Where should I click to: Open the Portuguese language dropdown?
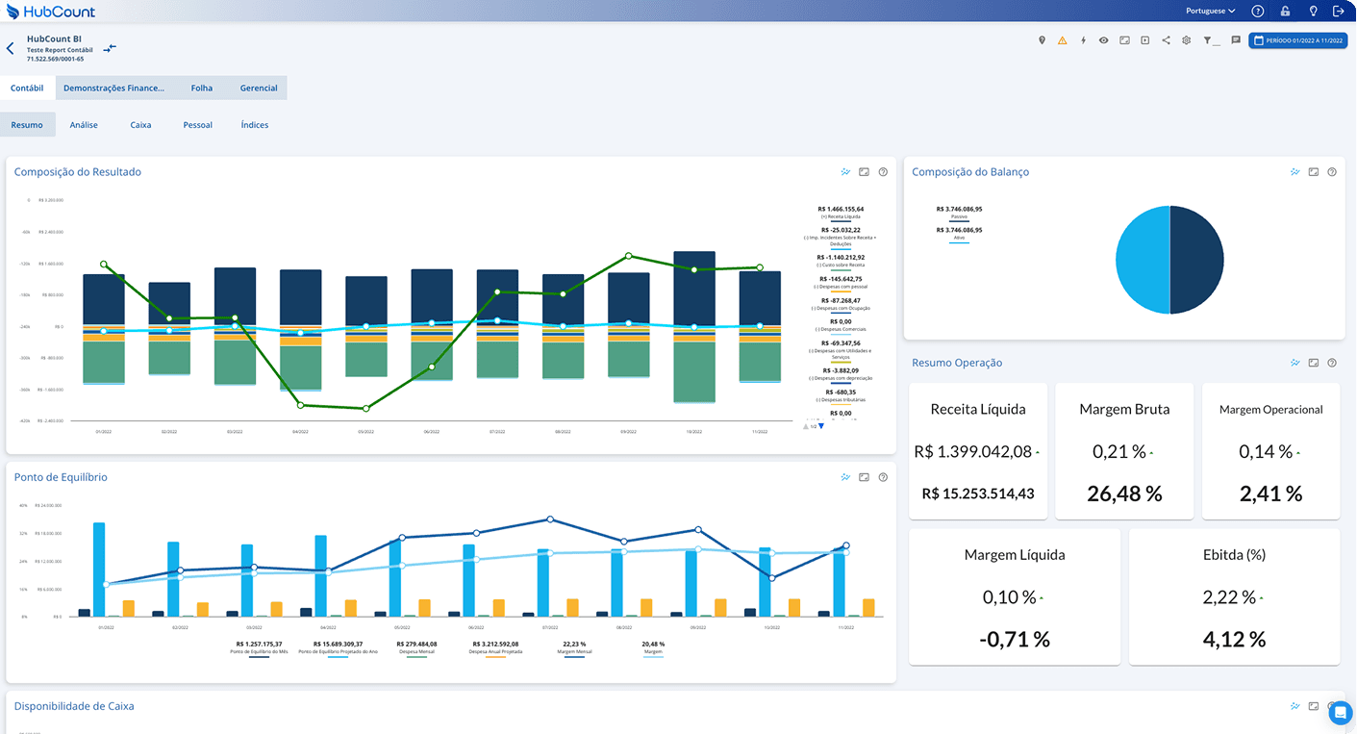pyautogui.click(x=1211, y=12)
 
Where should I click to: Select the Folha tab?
pyautogui.click(x=202, y=88)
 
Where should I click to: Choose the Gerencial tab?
pyautogui.click(x=259, y=88)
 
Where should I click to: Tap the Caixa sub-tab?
pyautogui.click(x=140, y=125)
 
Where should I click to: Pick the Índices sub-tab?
pyautogui.click(x=255, y=125)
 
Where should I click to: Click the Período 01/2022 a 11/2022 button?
pyautogui.click(x=1297, y=40)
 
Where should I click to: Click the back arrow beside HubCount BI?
pyautogui.click(x=11, y=48)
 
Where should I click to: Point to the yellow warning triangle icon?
pyautogui.click(x=1063, y=40)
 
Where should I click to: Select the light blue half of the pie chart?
pyautogui.click(x=1143, y=260)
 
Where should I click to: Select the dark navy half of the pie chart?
pyautogui.click(x=1197, y=260)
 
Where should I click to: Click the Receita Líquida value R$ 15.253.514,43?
pyautogui.click(x=978, y=494)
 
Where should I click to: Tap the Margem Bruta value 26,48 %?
pyautogui.click(x=1124, y=494)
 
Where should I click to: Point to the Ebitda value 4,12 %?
pyautogui.click(x=1234, y=639)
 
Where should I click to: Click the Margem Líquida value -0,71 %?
pyautogui.click(x=1015, y=639)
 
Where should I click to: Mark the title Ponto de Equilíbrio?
pyautogui.click(x=61, y=477)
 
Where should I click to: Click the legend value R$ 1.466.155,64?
pyautogui.click(x=841, y=209)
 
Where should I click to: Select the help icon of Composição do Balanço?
pyautogui.click(x=1332, y=172)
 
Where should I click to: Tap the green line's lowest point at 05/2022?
pyautogui.click(x=366, y=408)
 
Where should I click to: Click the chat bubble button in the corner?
pyautogui.click(x=1341, y=712)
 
